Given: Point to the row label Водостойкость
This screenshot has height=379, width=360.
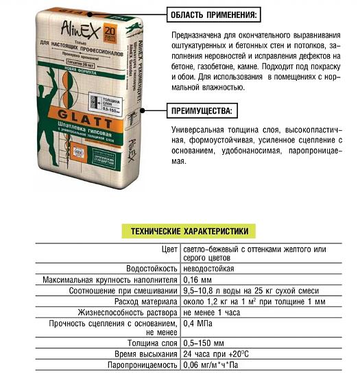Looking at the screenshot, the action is pyautogui.click(x=150, y=269).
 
